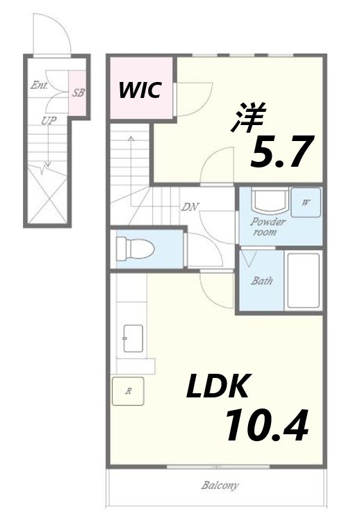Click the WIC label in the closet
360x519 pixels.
coord(140,90)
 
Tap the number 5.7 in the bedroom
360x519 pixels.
coord(281,152)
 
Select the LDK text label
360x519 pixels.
coord(218,386)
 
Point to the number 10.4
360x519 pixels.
coord(267,425)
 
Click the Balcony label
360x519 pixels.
coord(220,486)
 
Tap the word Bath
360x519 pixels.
coord(261,281)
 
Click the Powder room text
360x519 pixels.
coord(267,226)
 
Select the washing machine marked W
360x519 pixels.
coord(306,203)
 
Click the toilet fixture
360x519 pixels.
coord(135,248)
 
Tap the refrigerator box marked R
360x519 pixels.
coord(128,391)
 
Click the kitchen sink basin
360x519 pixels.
coord(133,338)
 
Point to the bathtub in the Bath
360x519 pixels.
coord(304,281)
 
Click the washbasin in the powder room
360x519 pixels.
coord(270,200)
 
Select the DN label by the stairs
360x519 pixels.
coord(190,207)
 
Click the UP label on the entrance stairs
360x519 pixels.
coord(49,121)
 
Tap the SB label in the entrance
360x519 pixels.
coord(78,93)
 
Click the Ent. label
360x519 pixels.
coord(39,85)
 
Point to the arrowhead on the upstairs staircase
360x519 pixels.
coord(131,138)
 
